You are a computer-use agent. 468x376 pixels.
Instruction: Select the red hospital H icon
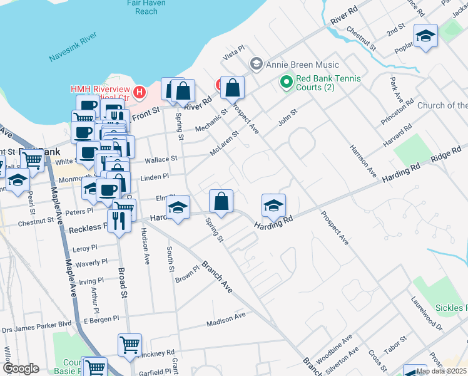pyautogui.click(x=140, y=93)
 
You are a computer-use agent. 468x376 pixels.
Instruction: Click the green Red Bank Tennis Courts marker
pyautogui.click(x=287, y=81)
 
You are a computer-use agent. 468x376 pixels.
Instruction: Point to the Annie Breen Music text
pyautogui.click(x=302, y=65)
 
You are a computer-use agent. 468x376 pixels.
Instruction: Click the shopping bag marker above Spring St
pyautogui.click(x=221, y=201)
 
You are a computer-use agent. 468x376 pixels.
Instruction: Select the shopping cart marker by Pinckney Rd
pyautogui.click(x=130, y=345)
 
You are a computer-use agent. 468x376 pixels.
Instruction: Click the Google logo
pyautogui.click(x=21, y=368)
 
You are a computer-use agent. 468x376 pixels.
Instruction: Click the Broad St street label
pyautogui.click(x=124, y=285)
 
